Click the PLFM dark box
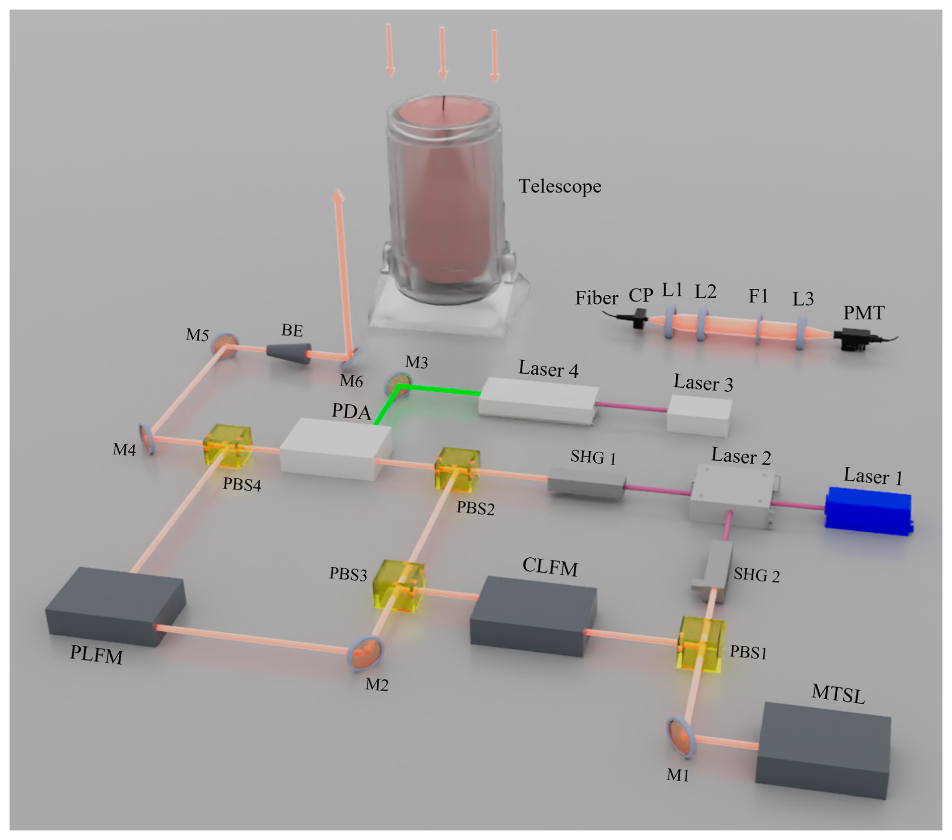coord(115,606)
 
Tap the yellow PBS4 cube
coord(227,446)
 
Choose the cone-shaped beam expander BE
coord(289,353)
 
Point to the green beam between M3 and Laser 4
coord(438,389)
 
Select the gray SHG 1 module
coord(586,484)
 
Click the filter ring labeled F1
coord(758,329)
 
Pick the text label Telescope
coord(560,187)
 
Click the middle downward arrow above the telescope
coord(442,53)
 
